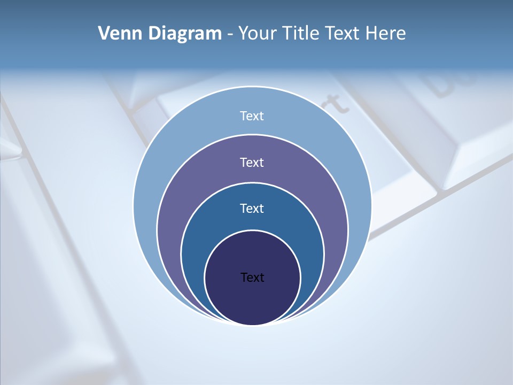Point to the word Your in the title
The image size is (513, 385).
[258, 34]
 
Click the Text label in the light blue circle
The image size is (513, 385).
[252, 116]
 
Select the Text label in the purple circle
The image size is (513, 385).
[252, 162]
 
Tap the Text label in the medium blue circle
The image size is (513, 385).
[252, 208]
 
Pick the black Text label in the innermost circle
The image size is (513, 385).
[252, 278]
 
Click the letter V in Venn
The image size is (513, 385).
[104, 34]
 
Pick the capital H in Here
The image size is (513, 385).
[372, 34]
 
